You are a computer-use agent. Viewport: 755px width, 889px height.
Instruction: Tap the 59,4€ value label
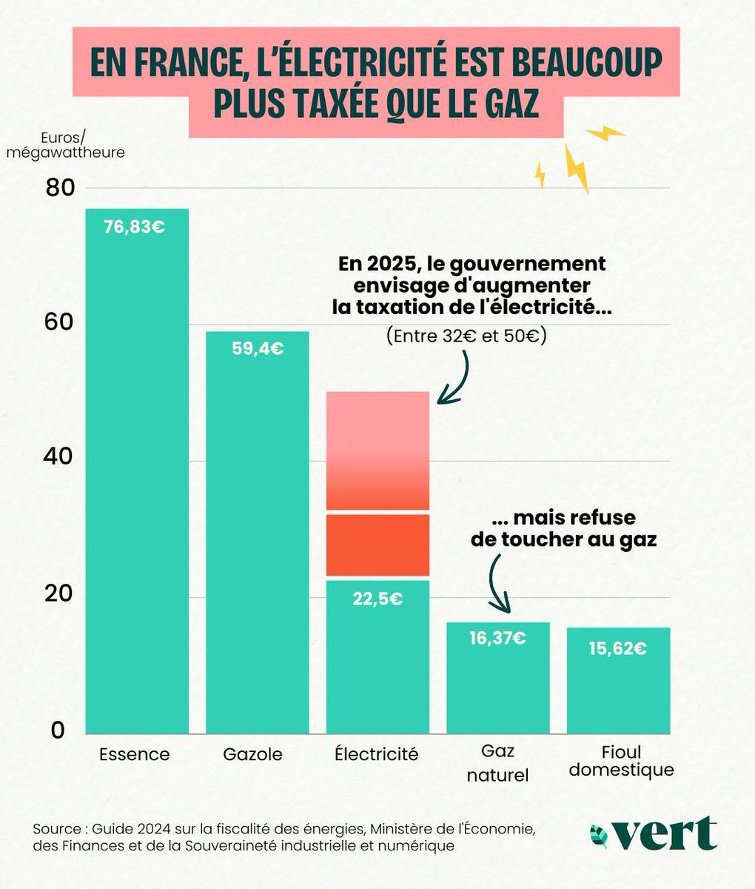coord(257,348)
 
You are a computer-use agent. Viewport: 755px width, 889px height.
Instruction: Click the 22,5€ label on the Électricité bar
coord(377,599)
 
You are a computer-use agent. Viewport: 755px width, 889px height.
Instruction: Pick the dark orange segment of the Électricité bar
coord(377,545)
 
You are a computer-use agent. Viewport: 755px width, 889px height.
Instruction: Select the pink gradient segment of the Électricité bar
coord(377,450)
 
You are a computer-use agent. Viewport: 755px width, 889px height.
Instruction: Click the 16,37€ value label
coord(497,637)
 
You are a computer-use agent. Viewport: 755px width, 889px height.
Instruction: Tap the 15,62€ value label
coord(618,648)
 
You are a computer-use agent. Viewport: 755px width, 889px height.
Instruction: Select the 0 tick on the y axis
coord(58,730)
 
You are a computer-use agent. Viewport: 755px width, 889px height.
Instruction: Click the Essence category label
coord(134,755)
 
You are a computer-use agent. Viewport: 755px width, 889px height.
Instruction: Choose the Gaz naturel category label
coord(497,764)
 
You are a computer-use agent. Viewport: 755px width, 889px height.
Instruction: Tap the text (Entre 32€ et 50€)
coord(465,336)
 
